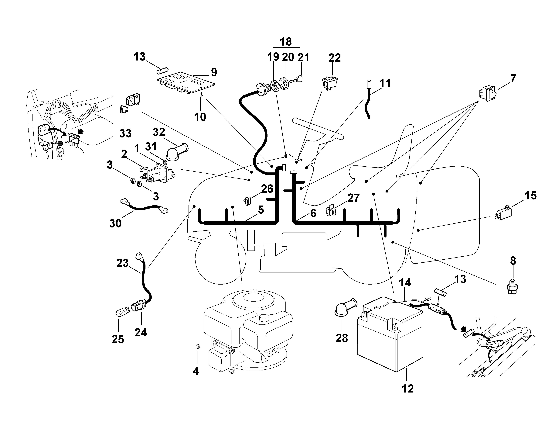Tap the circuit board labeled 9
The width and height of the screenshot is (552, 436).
click(x=186, y=83)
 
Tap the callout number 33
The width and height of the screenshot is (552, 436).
click(x=125, y=133)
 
